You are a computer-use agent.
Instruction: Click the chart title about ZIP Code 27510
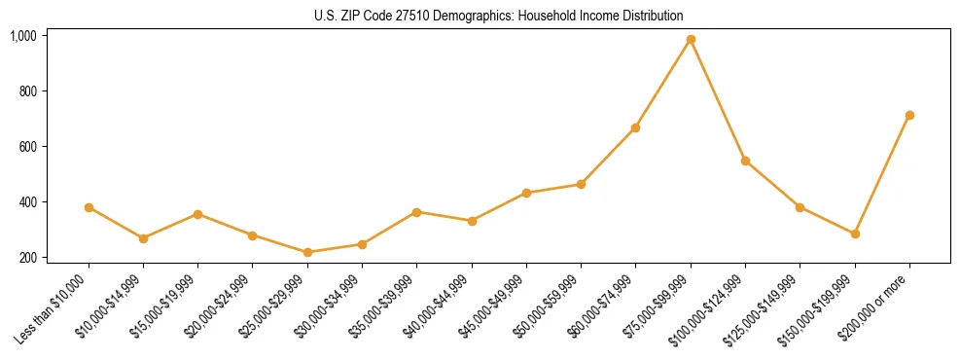(x=499, y=16)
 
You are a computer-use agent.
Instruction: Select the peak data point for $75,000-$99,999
(x=691, y=40)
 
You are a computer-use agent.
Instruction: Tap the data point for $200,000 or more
(x=909, y=115)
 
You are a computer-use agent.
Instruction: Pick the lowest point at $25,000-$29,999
(x=307, y=252)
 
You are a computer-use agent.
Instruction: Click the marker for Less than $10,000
(x=89, y=207)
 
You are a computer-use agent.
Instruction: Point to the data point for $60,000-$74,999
(x=635, y=127)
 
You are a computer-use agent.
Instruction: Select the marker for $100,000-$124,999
(x=745, y=161)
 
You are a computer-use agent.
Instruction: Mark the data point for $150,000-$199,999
(x=855, y=234)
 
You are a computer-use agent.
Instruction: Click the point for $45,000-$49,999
(x=526, y=193)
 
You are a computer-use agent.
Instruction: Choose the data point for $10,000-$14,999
(x=143, y=238)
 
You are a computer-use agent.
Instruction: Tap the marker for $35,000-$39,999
(x=416, y=212)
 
